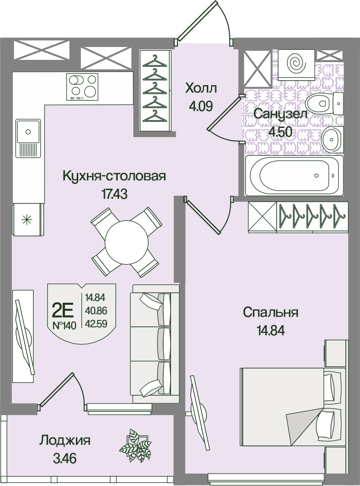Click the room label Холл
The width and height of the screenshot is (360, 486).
(x=201, y=88)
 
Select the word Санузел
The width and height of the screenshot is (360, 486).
(x=280, y=114)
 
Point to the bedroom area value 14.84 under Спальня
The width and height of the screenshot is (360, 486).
(x=270, y=331)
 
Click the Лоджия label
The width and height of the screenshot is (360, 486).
(x=64, y=440)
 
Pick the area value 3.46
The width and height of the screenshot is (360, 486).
(x=65, y=457)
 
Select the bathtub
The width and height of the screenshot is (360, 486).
(x=294, y=175)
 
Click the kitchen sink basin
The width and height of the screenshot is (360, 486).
(x=29, y=132)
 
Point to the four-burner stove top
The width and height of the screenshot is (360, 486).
(x=82, y=87)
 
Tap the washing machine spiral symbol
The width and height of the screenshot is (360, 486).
(x=297, y=63)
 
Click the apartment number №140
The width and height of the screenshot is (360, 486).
(x=64, y=326)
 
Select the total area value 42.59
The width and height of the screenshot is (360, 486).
(x=96, y=324)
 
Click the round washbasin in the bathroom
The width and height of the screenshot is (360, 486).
(x=332, y=139)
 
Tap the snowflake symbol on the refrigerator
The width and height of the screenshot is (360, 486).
(x=26, y=220)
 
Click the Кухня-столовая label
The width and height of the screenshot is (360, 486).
(x=114, y=176)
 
